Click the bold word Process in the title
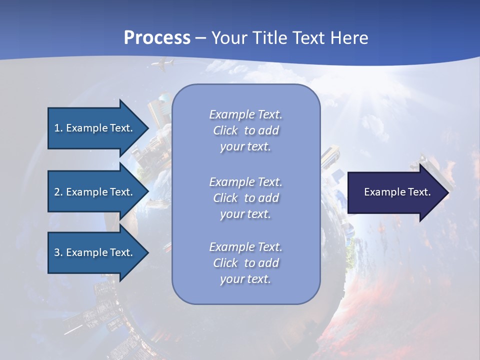point(157,38)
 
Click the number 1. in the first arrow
point(58,128)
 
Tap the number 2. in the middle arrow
point(58,192)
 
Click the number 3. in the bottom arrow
point(58,252)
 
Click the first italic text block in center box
point(245,130)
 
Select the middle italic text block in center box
point(245,198)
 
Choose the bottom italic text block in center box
point(245,263)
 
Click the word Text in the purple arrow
point(419,192)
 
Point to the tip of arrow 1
point(148,128)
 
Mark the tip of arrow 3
point(148,252)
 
